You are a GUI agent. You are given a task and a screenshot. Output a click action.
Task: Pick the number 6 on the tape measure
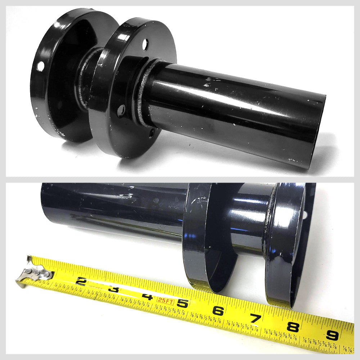(x=219, y=310)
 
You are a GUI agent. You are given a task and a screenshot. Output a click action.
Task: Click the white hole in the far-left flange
(x=41, y=66)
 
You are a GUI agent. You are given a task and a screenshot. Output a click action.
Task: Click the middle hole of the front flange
(x=123, y=108)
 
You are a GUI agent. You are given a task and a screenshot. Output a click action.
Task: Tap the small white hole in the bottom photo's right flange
(x=306, y=215)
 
